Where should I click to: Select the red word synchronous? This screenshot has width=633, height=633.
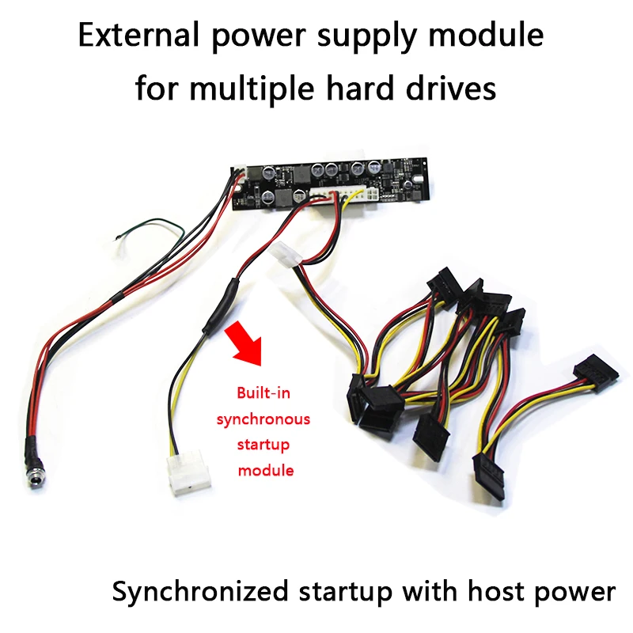click(263, 419)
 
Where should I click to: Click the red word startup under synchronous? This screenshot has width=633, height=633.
click(263, 444)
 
